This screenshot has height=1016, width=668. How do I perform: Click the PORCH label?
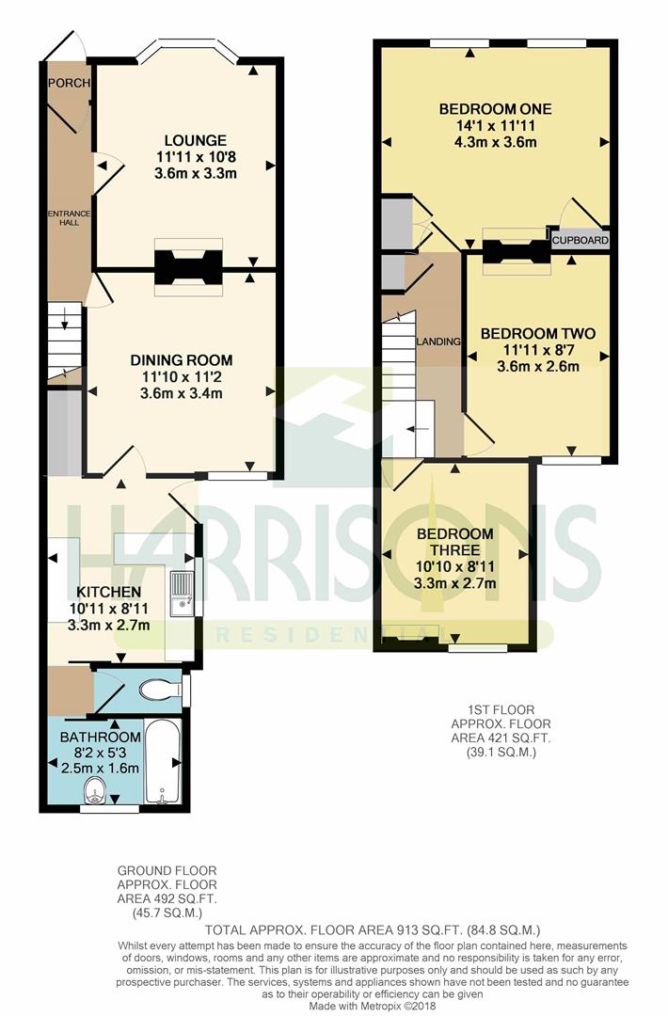69,83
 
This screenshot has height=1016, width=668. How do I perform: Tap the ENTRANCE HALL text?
69,217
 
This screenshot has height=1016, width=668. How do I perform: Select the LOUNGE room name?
195,140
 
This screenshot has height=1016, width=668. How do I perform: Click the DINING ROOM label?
182,360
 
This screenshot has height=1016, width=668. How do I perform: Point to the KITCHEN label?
109,592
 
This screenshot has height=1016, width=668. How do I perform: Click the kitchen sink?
183,594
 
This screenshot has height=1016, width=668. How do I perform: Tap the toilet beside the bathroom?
160,691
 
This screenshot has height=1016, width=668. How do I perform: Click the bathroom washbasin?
96,790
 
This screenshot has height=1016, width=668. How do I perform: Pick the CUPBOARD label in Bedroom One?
581,240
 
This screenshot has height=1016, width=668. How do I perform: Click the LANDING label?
438,341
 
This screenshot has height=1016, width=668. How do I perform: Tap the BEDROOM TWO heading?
538,334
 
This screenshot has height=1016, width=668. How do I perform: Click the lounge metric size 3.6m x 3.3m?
196,173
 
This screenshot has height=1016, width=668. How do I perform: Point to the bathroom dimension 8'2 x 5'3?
101,753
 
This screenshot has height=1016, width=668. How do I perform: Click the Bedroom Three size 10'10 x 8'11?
454,566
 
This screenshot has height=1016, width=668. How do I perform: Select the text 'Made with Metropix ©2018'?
373,1007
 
